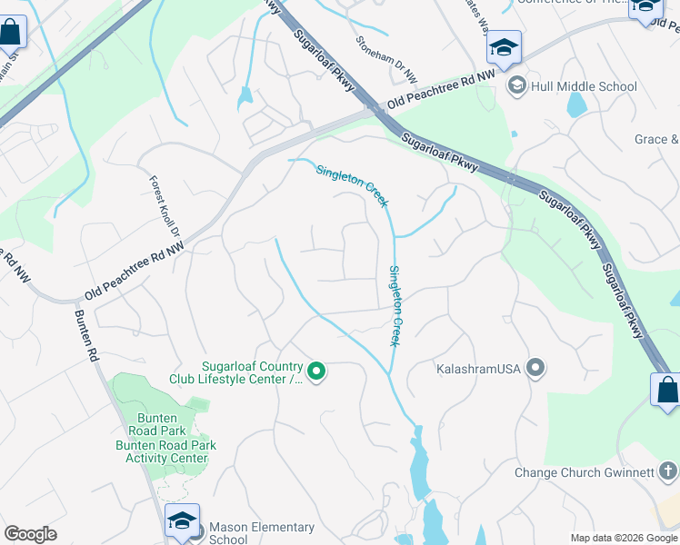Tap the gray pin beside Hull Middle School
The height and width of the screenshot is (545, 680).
click(x=517, y=85)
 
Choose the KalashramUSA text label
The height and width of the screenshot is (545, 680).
click(x=477, y=369)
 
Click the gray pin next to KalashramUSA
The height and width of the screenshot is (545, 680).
click(x=536, y=368)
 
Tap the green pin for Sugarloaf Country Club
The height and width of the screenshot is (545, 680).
click(x=316, y=371)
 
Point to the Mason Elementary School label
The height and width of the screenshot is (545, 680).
click(x=261, y=533)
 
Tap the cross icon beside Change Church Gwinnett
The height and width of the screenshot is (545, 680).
click(x=668, y=471)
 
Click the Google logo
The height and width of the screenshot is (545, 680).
click(x=30, y=534)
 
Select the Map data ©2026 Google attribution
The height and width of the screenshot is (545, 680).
click(x=623, y=538)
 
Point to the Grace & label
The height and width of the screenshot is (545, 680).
click(x=656, y=139)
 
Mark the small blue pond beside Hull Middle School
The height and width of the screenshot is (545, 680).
click(x=577, y=104)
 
